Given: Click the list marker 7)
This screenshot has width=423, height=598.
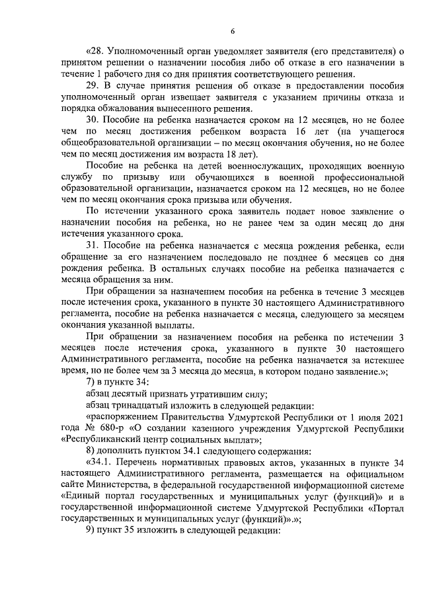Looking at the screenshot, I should pos(91,383).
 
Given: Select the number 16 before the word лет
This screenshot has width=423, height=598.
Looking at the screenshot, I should pos(298,132).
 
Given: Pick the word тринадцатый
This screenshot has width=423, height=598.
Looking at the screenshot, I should pos(139,406).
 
